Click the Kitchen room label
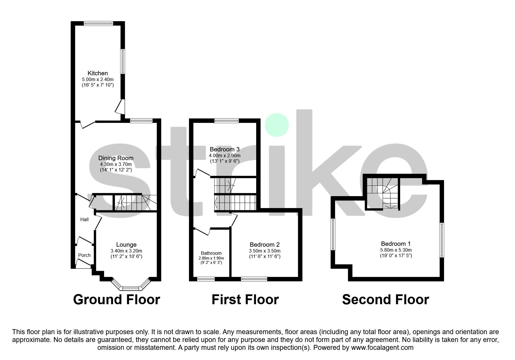coord(98,73)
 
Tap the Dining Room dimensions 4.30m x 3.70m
coord(116,164)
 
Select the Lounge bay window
coord(131,288)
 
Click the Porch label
coord(84,255)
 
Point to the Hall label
coord(84,219)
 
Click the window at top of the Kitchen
coord(98,24)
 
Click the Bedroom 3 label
coord(224,149)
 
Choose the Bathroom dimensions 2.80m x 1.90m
coord(211,258)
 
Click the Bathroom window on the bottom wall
coord(206,279)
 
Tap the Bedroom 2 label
coord(265,245)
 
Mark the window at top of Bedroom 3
coord(227,121)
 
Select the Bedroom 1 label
coord(396,244)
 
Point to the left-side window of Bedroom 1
coord(333,234)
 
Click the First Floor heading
coord(245,300)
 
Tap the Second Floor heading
coord(385,300)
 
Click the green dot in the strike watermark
coord(277,125)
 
